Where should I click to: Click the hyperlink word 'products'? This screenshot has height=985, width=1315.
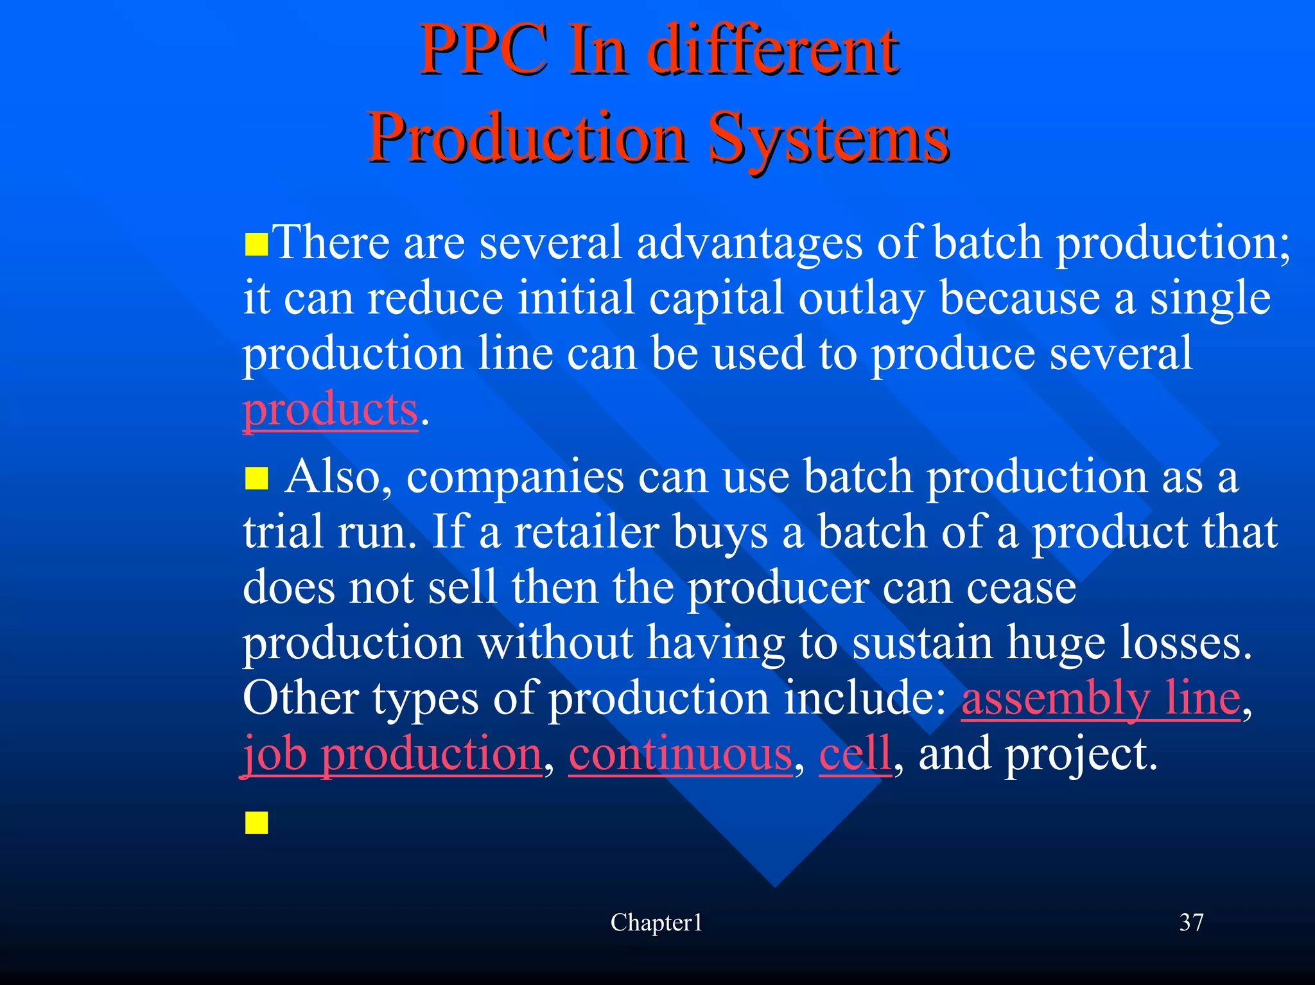tap(330, 410)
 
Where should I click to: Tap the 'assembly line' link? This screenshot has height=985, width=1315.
tap(1101, 698)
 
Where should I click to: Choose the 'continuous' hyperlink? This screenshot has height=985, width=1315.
tap(680, 754)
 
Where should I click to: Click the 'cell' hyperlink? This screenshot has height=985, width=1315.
tap(855, 754)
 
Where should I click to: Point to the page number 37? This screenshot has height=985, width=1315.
tap(1191, 923)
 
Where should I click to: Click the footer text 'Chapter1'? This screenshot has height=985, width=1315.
tap(656, 923)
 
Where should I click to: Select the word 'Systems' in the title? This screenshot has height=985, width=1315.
tap(828, 138)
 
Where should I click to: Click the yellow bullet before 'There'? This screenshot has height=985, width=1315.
tap(256, 245)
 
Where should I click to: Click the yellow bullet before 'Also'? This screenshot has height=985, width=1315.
tap(256, 479)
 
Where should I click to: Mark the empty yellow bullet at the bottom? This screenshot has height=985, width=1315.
tap(256, 823)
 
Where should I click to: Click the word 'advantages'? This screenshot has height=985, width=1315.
tap(749, 243)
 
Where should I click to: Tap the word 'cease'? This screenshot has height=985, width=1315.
tap(1021, 588)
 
